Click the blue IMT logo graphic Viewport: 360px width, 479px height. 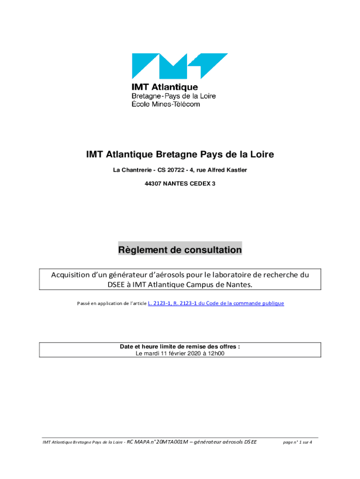point(180,65)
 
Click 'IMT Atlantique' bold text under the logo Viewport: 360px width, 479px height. point(164,87)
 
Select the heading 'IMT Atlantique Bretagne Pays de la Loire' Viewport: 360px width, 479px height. point(180,154)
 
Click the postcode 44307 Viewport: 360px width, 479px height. point(154,184)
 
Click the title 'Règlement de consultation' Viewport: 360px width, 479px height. point(180,250)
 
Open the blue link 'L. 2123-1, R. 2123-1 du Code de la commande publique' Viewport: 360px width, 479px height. point(216,304)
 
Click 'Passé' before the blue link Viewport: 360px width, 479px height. point(83,304)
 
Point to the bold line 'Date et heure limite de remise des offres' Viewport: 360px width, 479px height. point(180,347)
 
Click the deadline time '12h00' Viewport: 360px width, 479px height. point(216,354)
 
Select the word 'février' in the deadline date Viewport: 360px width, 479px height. point(177,354)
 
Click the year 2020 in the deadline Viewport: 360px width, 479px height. point(195,354)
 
